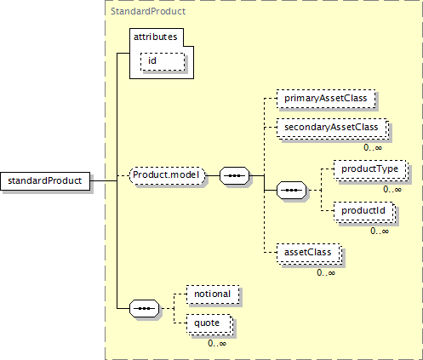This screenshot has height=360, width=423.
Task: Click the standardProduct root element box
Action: [45, 181]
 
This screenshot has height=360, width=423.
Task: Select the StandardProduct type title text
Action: [148, 11]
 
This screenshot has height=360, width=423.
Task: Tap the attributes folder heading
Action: [156, 37]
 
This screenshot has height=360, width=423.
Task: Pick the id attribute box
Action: [163, 61]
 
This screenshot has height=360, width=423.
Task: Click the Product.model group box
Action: [167, 175]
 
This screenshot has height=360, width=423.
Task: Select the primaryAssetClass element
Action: [326, 99]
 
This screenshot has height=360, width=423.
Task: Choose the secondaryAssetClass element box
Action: [332, 128]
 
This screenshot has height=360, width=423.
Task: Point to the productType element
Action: [370, 169]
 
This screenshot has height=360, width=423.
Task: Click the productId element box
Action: [364, 211]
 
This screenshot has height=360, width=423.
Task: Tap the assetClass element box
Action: [309, 253]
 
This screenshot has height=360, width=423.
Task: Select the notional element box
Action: [213, 294]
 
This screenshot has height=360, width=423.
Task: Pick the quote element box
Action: [209, 324]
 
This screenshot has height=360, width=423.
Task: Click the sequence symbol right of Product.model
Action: [235, 175]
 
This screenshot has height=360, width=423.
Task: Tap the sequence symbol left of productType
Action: [292, 190]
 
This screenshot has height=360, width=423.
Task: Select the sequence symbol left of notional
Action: [145, 308]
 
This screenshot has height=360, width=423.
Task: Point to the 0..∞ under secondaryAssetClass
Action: [373, 147]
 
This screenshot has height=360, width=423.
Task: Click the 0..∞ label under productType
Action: [392, 189]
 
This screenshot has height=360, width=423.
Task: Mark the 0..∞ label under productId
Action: [380, 231]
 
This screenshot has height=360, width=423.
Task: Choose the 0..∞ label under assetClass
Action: [326, 272]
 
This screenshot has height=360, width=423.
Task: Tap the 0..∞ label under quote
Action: [217, 343]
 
